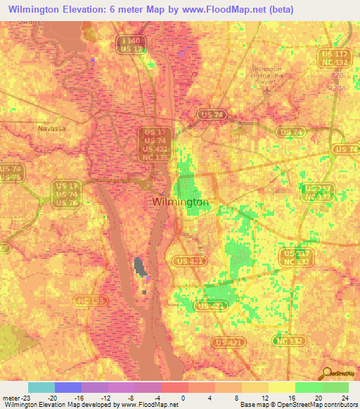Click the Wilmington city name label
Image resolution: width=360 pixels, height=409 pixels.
180,202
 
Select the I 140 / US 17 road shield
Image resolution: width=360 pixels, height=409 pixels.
133,44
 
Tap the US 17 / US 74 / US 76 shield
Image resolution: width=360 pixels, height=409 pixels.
65,194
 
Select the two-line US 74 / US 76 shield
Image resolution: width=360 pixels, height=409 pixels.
10,173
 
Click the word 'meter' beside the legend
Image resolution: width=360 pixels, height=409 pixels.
9,396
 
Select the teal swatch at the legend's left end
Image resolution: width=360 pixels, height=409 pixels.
41,387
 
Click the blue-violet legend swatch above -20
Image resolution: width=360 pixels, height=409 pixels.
67,387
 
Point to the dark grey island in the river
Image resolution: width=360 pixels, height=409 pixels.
139,266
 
